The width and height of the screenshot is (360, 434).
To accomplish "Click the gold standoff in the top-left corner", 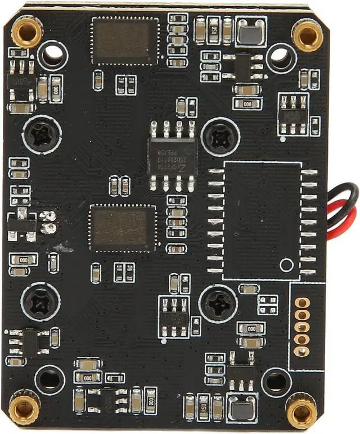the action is [26, 31].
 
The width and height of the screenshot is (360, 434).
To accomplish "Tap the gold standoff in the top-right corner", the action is [308, 35].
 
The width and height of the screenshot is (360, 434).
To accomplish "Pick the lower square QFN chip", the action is [123, 227].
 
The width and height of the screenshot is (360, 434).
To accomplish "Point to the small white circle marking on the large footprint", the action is [287, 265].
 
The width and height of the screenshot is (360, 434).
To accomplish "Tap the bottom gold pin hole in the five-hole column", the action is [302, 351].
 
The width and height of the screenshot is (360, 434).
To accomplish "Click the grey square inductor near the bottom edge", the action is [241, 406].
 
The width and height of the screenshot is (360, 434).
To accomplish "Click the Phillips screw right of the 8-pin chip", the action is [218, 136].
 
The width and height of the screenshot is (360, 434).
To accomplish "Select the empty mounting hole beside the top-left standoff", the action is [53, 55].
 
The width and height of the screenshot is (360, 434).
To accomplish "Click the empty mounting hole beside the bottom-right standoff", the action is [276, 382].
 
